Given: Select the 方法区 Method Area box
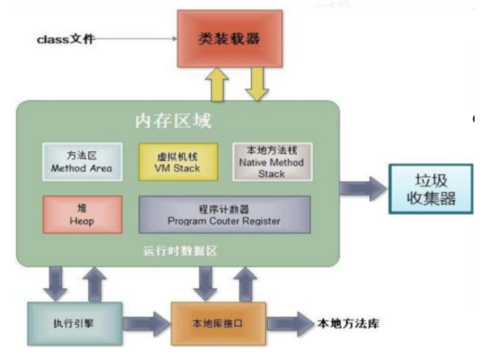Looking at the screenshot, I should pos(82,162).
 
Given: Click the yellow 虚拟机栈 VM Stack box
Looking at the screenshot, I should pos(177,161).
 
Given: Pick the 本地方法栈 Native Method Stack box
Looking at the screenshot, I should pos(272,161).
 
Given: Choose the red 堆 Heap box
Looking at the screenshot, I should pos(83,214).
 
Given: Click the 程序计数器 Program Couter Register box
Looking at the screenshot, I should pos(224,214).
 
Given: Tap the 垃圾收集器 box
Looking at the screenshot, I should pos(431,189).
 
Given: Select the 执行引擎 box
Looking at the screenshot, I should pos(75,323).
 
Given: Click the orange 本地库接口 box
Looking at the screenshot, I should pos(218,323).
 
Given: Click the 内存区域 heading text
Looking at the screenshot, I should pos(173,122).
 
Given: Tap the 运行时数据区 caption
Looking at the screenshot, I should pos(180,251).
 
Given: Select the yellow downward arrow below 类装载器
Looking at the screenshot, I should pos(257,84).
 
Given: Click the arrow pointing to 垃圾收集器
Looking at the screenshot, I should pos(363,189).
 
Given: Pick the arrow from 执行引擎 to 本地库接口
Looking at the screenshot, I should pos(146,323).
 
